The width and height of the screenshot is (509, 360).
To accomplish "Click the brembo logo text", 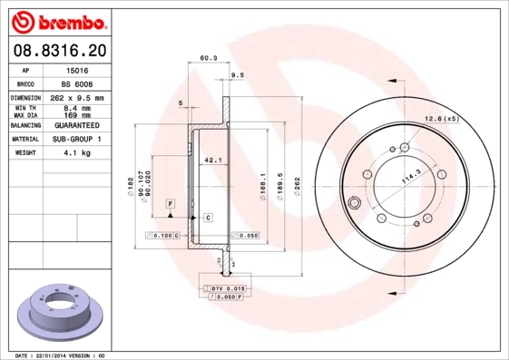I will click(56, 19).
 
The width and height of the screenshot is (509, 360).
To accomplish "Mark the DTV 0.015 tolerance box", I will click(228, 288).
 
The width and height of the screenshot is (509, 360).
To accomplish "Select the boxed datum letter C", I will click(208, 219).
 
